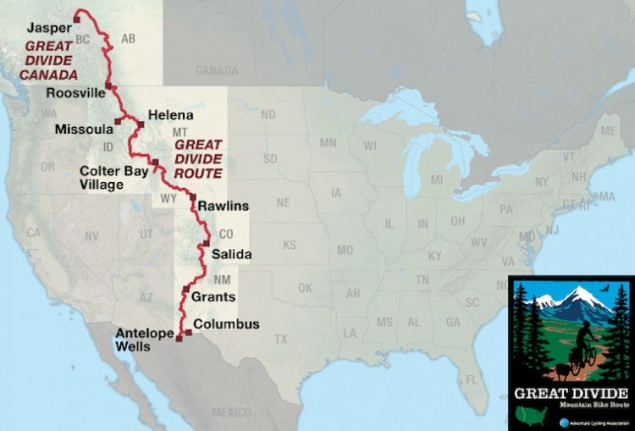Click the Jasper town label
pos(47,27)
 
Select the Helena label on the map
pos(170,114)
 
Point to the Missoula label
pos(82,130)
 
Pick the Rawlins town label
pos(223,205)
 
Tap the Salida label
pos(232,253)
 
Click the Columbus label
pos(226,323)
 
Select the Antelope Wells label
pos(145,340)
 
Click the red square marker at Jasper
pos(77,16)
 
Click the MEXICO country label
pos(231,412)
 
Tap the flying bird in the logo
pos(605,290)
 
